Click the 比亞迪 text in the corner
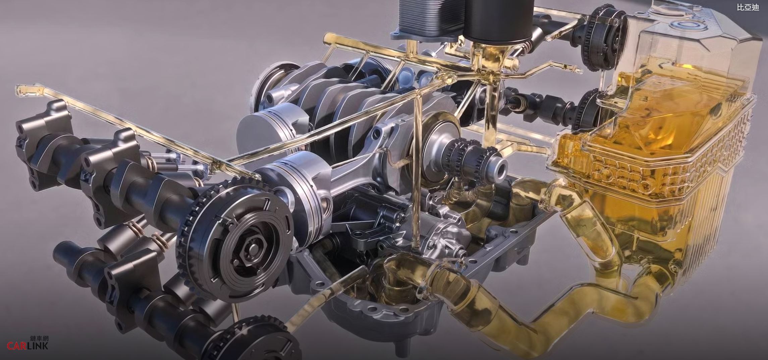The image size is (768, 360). coord(748,7)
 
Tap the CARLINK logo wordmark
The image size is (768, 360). coord(28,346)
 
